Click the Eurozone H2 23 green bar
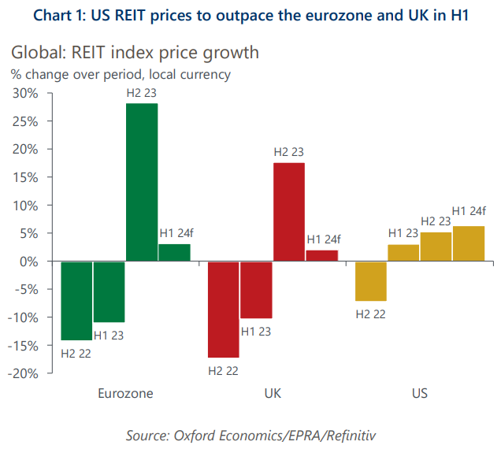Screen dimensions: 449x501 click(x=142, y=182)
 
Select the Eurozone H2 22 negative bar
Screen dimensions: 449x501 click(x=76, y=300)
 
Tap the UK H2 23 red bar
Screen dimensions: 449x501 click(x=288, y=212)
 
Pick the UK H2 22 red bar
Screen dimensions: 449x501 click(x=223, y=309)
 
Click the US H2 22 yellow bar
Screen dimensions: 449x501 click(x=370, y=280)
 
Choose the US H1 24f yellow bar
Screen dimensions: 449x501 click(x=468, y=243)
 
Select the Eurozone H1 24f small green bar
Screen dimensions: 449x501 click(x=174, y=252)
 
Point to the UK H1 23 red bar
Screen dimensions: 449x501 click(x=256, y=289)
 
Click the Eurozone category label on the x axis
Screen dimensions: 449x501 click(x=125, y=393)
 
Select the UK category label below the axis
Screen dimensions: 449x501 click(x=272, y=393)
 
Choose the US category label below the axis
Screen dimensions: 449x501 click(x=419, y=393)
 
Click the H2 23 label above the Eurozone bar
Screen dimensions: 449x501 click(x=142, y=94)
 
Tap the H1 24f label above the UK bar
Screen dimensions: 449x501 click(x=323, y=239)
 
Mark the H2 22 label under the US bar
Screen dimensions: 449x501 click(x=372, y=314)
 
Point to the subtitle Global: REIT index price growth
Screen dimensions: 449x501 click(x=134, y=54)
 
